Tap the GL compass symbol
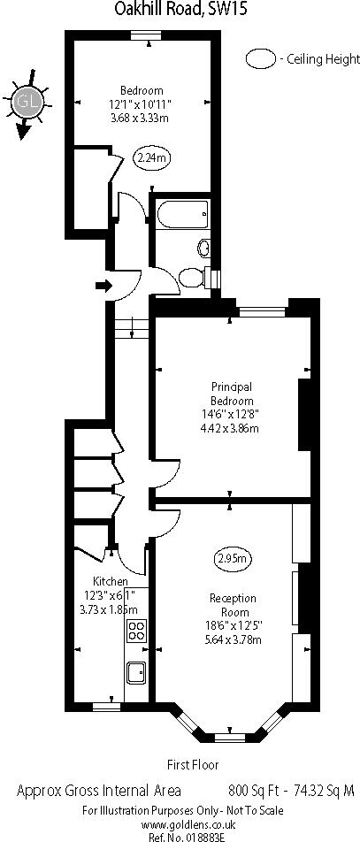click(x=26, y=101)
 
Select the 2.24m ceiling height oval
click(x=152, y=158)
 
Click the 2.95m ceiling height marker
click(x=233, y=558)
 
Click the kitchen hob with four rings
click(x=137, y=630)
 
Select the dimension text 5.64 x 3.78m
click(x=233, y=639)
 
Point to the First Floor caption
click(x=193, y=764)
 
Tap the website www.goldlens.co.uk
click(x=180, y=823)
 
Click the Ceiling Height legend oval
click(x=261, y=60)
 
